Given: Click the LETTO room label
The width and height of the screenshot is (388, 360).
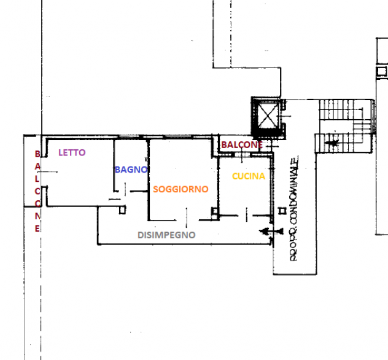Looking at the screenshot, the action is pyautogui.click(x=72, y=152).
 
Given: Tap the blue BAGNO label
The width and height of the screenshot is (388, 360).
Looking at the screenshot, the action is pyautogui.click(x=131, y=170).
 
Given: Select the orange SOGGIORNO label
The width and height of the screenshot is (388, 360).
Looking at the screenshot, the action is pyautogui.click(x=180, y=189).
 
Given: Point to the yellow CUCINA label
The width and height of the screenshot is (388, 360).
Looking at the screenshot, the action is pyautogui.click(x=249, y=176).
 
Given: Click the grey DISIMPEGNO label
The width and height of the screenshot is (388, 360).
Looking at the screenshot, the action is pyautogui.click(x=166, y=235).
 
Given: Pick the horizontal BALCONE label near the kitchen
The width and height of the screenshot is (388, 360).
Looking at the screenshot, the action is pyautogui.click(x=242, y=145).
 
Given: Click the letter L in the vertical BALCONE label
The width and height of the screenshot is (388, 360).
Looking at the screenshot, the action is pyautogui.click(x=37, y=179).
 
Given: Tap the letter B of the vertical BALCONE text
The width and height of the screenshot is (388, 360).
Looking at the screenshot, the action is pyautogui.click(x=37, y=154).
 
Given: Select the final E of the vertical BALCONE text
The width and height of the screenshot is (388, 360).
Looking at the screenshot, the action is pyautogui.click(x=37, y=229).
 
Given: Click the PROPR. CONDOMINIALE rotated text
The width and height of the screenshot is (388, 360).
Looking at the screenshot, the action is pyautogui.click(x=293, y=208).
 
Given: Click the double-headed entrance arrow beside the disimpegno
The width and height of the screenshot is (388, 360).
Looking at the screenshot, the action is pyautogui.click(x=271, y=231).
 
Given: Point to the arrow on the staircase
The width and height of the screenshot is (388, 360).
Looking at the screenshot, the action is pyautogui.click(x=332, y=143).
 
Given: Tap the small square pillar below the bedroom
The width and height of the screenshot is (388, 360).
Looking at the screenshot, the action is pyautogui.click(x=123, y=210).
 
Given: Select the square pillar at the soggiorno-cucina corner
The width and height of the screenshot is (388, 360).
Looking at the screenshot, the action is pyautogui.click(x=215, y=211).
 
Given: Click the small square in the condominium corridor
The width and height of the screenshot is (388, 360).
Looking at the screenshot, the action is pyautogui.click(x=282, y=211).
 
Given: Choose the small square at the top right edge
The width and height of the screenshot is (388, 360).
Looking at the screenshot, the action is pyautogui.click(x=381, y=72).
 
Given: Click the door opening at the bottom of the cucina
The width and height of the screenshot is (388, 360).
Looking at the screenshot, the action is pyautogui.click(x=246, y=215).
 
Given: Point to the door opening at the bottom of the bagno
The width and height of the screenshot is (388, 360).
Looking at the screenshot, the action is pyautogui.click(x=125, y=190).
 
